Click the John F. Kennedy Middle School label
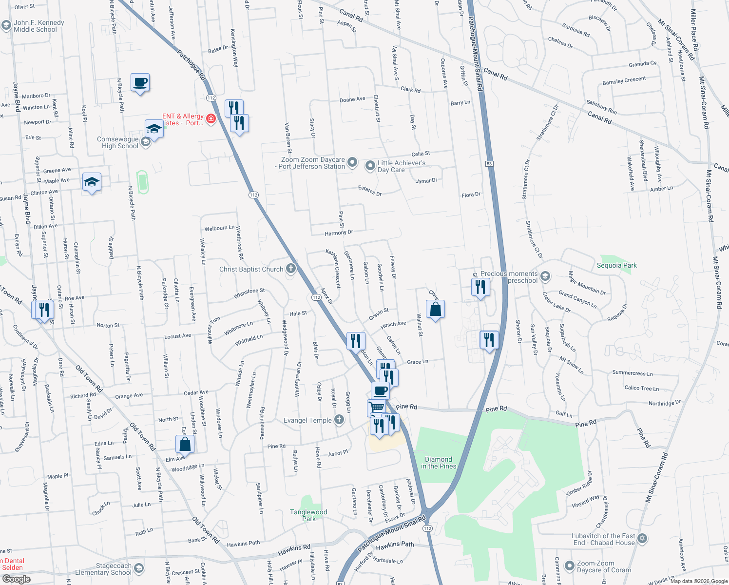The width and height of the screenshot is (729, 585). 38,26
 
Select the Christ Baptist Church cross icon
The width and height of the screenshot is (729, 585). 291,269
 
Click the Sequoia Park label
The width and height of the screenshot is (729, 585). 616,265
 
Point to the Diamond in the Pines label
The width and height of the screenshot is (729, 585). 439,463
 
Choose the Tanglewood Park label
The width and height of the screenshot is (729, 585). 308,515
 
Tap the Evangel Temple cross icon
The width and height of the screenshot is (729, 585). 339,420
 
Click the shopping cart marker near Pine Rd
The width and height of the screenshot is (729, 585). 376,407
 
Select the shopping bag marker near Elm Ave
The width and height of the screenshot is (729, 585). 185,444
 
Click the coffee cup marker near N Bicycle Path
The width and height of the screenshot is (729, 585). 140,82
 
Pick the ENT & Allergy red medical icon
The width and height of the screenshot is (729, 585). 211,119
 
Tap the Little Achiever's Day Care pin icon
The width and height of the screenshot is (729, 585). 370,166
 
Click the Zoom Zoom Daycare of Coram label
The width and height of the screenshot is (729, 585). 604,566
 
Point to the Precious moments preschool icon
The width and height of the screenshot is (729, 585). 545,276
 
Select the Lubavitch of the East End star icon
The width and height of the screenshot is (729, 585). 642,538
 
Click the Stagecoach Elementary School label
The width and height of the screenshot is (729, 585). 103,569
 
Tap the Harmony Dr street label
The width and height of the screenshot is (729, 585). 339,233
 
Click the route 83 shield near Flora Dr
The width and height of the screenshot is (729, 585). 489,164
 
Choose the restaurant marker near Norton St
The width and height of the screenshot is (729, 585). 44,309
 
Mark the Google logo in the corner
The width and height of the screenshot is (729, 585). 17,579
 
